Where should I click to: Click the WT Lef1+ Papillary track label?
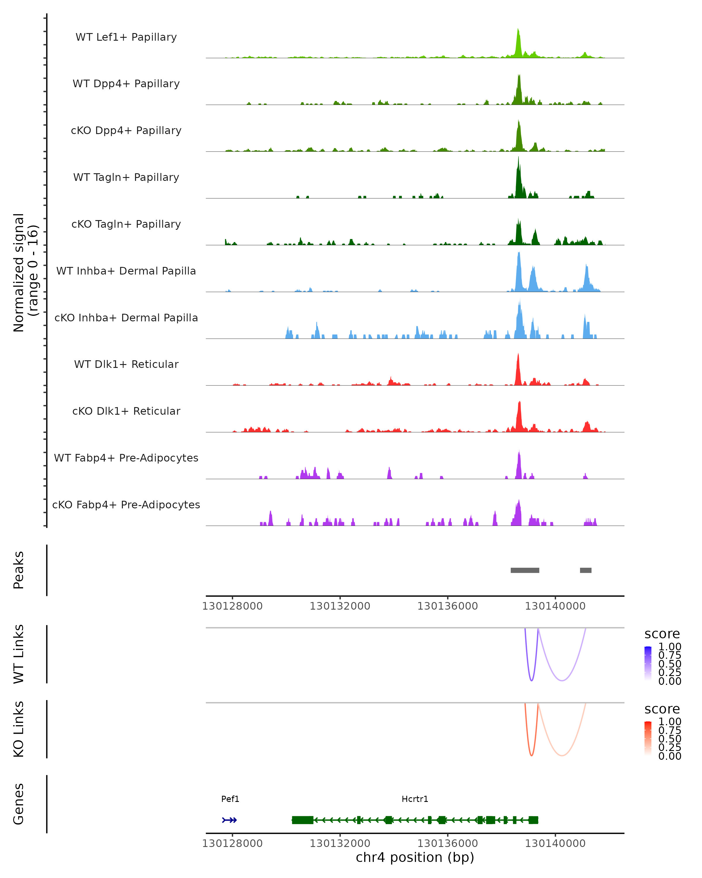[x=126, y=37]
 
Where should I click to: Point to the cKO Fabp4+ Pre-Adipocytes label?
[x=126, y=505]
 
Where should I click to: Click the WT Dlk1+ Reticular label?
[x=126, y=364]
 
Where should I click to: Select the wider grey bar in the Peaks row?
[x=525, y=570]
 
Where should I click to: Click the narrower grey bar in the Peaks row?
[x=586, y=570]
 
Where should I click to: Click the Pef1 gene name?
[x=230, y=799]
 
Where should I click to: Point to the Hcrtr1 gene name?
[x=415, y=799]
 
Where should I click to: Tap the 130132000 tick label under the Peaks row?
[x=340, y=606]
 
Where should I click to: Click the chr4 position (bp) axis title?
[x=415, y=857]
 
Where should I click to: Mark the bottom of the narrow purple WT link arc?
[x=531, y=680]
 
